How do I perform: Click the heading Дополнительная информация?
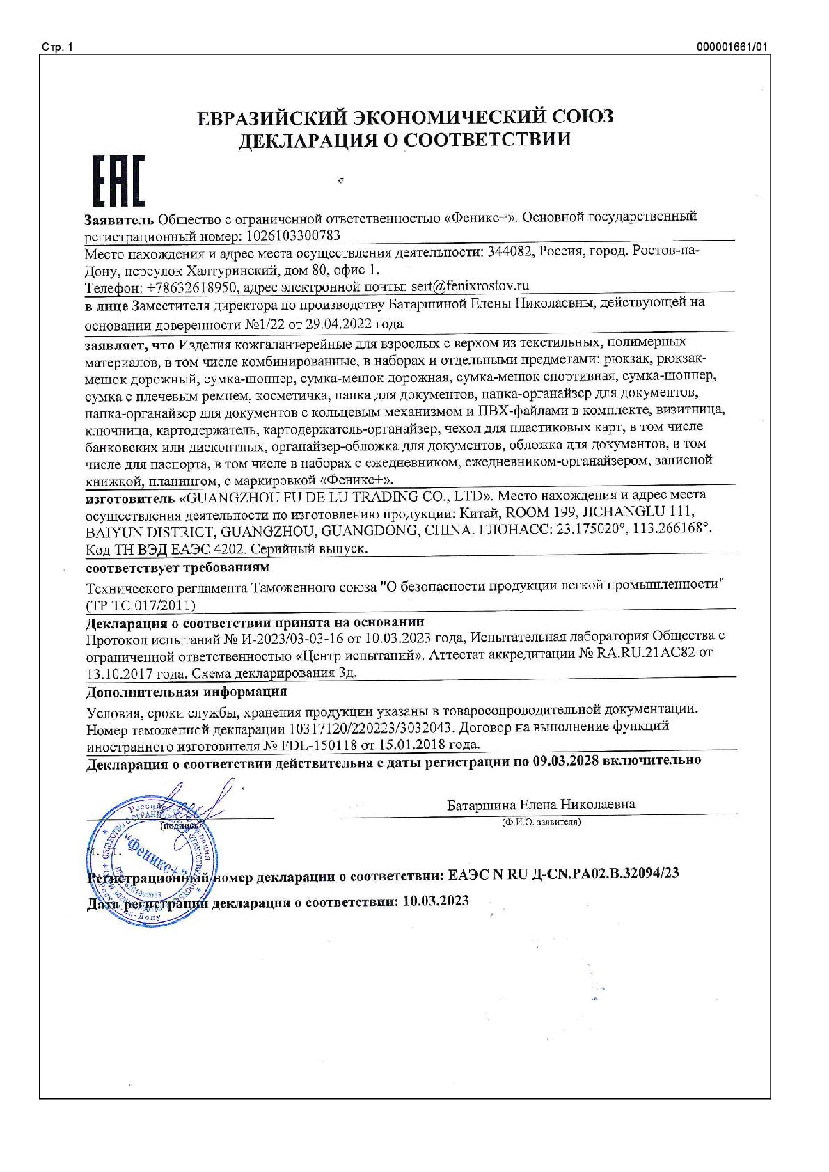point(187,692)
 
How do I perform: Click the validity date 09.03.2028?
point(566,761)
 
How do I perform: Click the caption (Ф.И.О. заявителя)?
point(541,822)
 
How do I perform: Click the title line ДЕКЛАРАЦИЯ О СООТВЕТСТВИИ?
point(405,140)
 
